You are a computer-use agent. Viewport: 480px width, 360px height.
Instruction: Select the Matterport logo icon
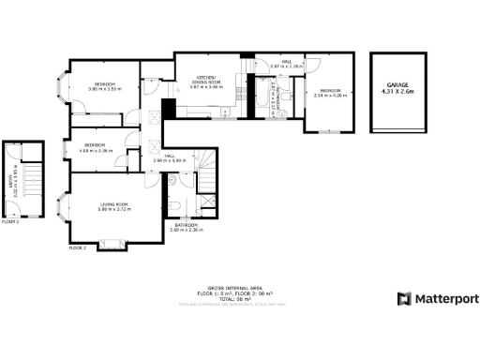pyautogui.click(x=404, y=298)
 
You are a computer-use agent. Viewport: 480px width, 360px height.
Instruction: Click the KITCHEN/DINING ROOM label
pyautogui.click(x=207, y=80)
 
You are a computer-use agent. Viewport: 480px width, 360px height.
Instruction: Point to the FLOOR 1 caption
pyautogui.click(x=10, y=221)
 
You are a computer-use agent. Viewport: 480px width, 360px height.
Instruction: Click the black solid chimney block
pyautogui.click(x=168, y=107)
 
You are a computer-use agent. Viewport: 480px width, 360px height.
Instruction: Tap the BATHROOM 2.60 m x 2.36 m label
pyautogui.click(x=187, y=227)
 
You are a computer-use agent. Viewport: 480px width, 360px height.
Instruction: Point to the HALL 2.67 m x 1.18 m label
pyautogui.click(x=286, y=66)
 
